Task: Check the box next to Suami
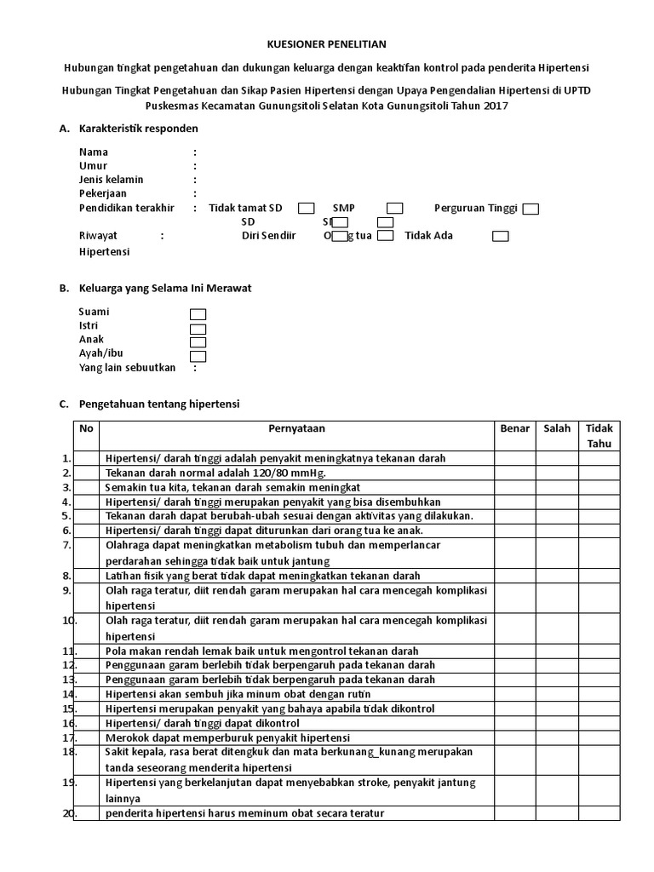pos(198,314)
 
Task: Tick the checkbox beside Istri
pos(198,329)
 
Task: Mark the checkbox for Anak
pos(198,342)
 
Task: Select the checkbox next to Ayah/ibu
pos(198,356)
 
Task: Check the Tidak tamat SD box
pos(307,209)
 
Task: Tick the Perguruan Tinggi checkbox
pos(531,209)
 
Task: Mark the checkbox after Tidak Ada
pos(501,237)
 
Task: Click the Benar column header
pos(514,428)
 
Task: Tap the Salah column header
pos(557,428)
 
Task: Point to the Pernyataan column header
pos(296,428)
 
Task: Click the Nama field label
pos(94,152)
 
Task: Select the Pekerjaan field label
pos(103,193)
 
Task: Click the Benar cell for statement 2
pos(514,473)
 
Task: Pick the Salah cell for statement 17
pos(557,737)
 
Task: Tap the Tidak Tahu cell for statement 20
pos(599,813)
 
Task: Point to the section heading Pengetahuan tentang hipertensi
pos(159,403)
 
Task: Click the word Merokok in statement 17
pos(126,737)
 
